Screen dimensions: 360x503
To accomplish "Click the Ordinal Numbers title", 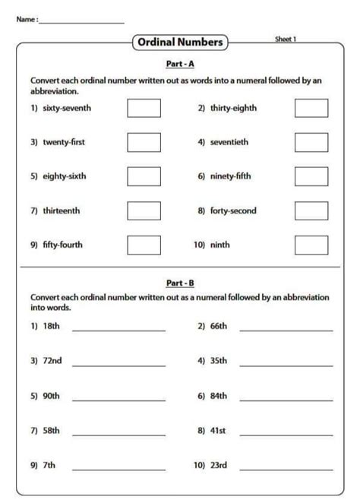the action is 180,43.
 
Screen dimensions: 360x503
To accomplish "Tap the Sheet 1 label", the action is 286,39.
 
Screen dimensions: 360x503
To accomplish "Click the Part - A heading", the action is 179,64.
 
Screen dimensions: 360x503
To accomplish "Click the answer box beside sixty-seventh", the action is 144,108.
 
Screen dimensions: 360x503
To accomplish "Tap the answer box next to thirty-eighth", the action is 311,108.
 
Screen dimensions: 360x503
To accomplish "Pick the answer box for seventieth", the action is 311,142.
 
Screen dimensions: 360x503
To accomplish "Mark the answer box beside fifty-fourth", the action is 144,245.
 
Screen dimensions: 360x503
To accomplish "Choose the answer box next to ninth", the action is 311,245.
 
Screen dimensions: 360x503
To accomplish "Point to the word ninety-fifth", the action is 235,176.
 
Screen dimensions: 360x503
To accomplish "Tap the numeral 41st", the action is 218,430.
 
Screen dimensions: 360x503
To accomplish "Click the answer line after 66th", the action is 286,330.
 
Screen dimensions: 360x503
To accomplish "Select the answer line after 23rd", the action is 286,468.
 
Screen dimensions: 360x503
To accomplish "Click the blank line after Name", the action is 81,22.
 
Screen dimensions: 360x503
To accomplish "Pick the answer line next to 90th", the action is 118,399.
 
